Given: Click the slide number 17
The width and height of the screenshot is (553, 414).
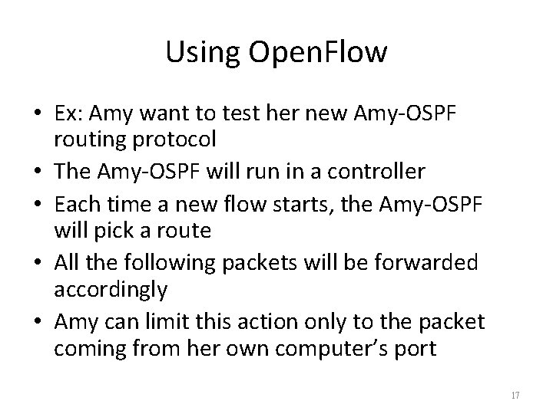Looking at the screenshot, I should pos(515,395).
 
